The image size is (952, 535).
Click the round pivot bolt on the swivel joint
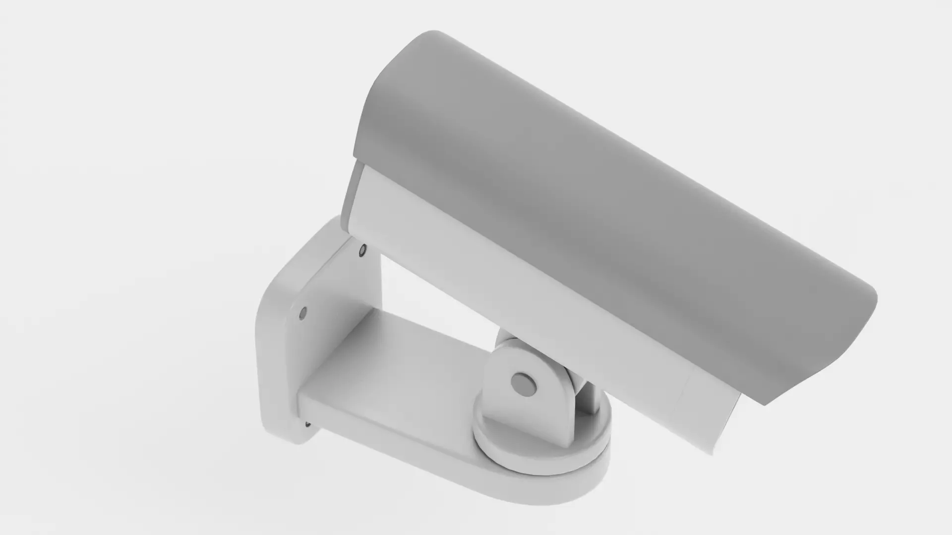(524, 383)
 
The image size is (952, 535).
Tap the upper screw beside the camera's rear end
(362, 250)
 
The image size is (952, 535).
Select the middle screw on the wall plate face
(303, 313)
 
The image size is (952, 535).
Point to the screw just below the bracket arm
(308, 424)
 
